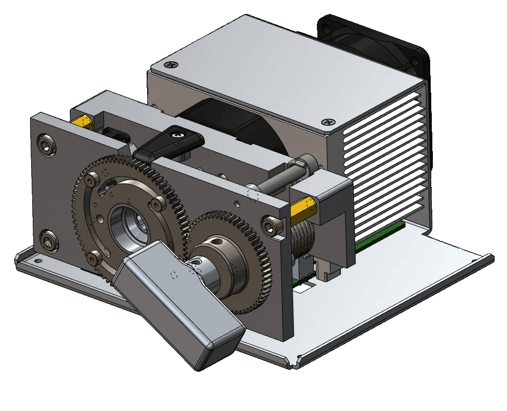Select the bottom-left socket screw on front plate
49,242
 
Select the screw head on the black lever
177,136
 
